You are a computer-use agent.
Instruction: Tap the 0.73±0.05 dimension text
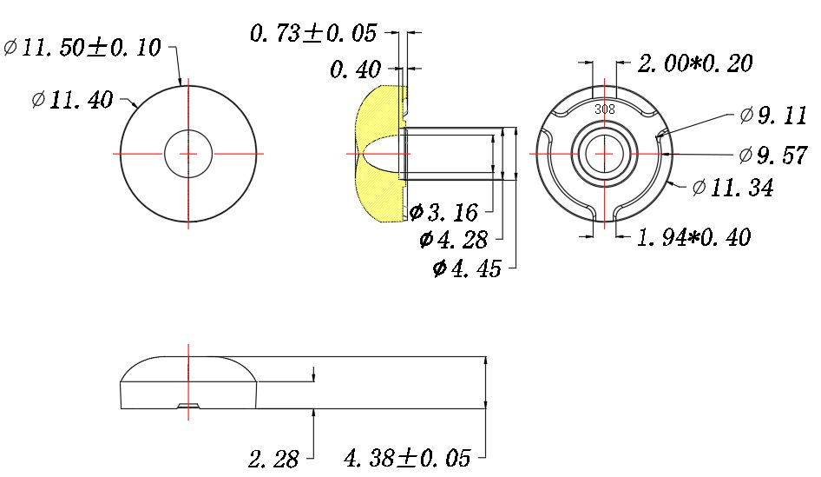tap(313, 34)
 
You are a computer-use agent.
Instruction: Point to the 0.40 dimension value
tap(356, 70)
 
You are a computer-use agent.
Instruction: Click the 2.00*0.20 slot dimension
tap(695, 63)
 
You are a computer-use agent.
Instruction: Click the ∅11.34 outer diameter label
tap(732, 187)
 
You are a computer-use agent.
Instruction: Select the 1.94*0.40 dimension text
tap(694, 236)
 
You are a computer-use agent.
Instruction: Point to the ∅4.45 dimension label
tap(467, 268)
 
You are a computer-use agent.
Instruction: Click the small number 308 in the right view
tap(605, 109)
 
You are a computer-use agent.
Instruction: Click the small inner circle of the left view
tap(188, 153)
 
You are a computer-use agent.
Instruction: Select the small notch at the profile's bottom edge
tap(187, 406)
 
